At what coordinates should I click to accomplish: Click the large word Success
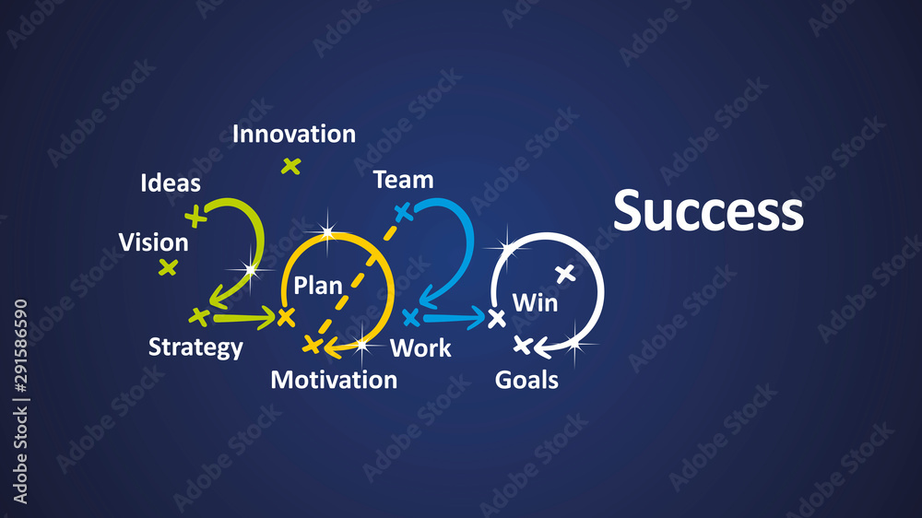(708, 211)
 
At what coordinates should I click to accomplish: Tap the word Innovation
(293, 134)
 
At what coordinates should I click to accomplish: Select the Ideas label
(171, 183)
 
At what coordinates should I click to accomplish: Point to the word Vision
(153, 243)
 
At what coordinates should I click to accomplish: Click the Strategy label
(195, 347)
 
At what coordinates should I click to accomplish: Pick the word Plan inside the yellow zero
(318, 286)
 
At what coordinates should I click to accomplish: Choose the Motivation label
(334, 380)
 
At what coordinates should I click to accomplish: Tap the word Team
(403, 180)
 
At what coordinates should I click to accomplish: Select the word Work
(420, 348)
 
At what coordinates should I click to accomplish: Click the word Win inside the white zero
(535, 301)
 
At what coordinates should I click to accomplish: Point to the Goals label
(526, 380)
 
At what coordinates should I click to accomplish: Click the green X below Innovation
(291, 166)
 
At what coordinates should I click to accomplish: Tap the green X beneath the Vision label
(168, 267)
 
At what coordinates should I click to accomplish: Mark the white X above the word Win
(565, 273)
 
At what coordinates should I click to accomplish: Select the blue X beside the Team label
(402, 213)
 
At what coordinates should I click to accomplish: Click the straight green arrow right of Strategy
(244, 318)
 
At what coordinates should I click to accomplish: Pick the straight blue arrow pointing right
(454, 319)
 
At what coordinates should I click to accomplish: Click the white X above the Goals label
(522, 346)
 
